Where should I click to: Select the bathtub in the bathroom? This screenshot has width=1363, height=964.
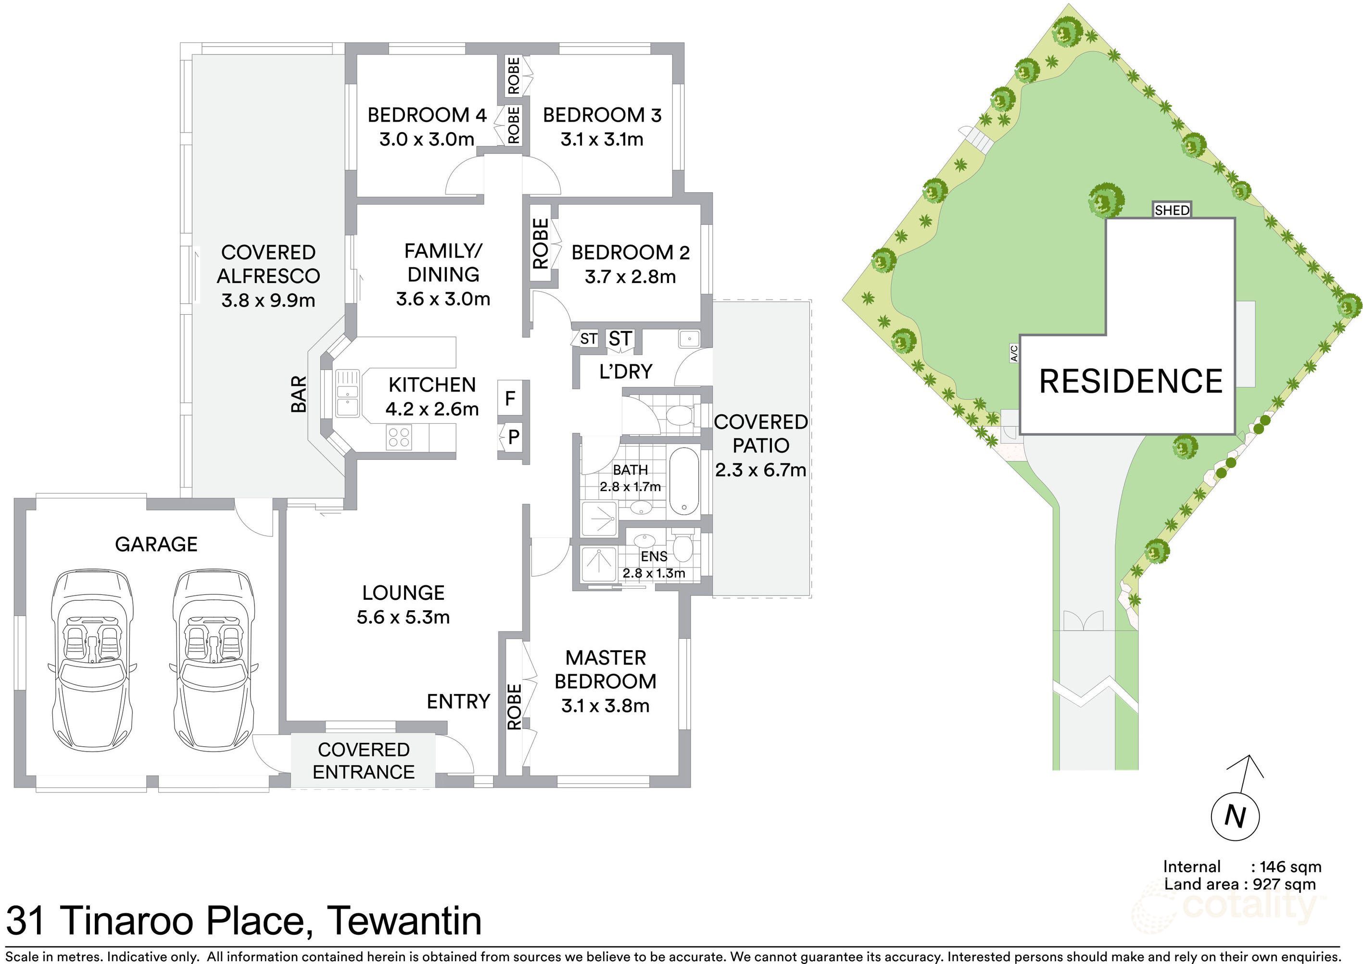pos(685,482)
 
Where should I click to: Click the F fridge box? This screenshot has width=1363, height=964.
pos(510,398)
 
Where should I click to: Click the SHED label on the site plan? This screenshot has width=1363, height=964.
pos(1172,210)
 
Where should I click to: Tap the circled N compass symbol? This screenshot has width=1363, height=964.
pos(1236,816)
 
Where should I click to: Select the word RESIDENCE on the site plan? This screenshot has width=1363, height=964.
pos(1131,381)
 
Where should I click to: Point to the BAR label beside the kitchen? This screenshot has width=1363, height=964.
pos(299,394)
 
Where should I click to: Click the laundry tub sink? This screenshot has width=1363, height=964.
pos(689,338)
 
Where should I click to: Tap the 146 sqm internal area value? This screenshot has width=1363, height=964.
pos(1290,866)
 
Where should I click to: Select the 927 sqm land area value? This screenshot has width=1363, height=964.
pos(1284,884)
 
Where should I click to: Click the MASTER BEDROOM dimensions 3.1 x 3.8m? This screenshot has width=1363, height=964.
pos(605,706)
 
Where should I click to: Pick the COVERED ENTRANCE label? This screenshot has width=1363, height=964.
pos(364,760)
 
